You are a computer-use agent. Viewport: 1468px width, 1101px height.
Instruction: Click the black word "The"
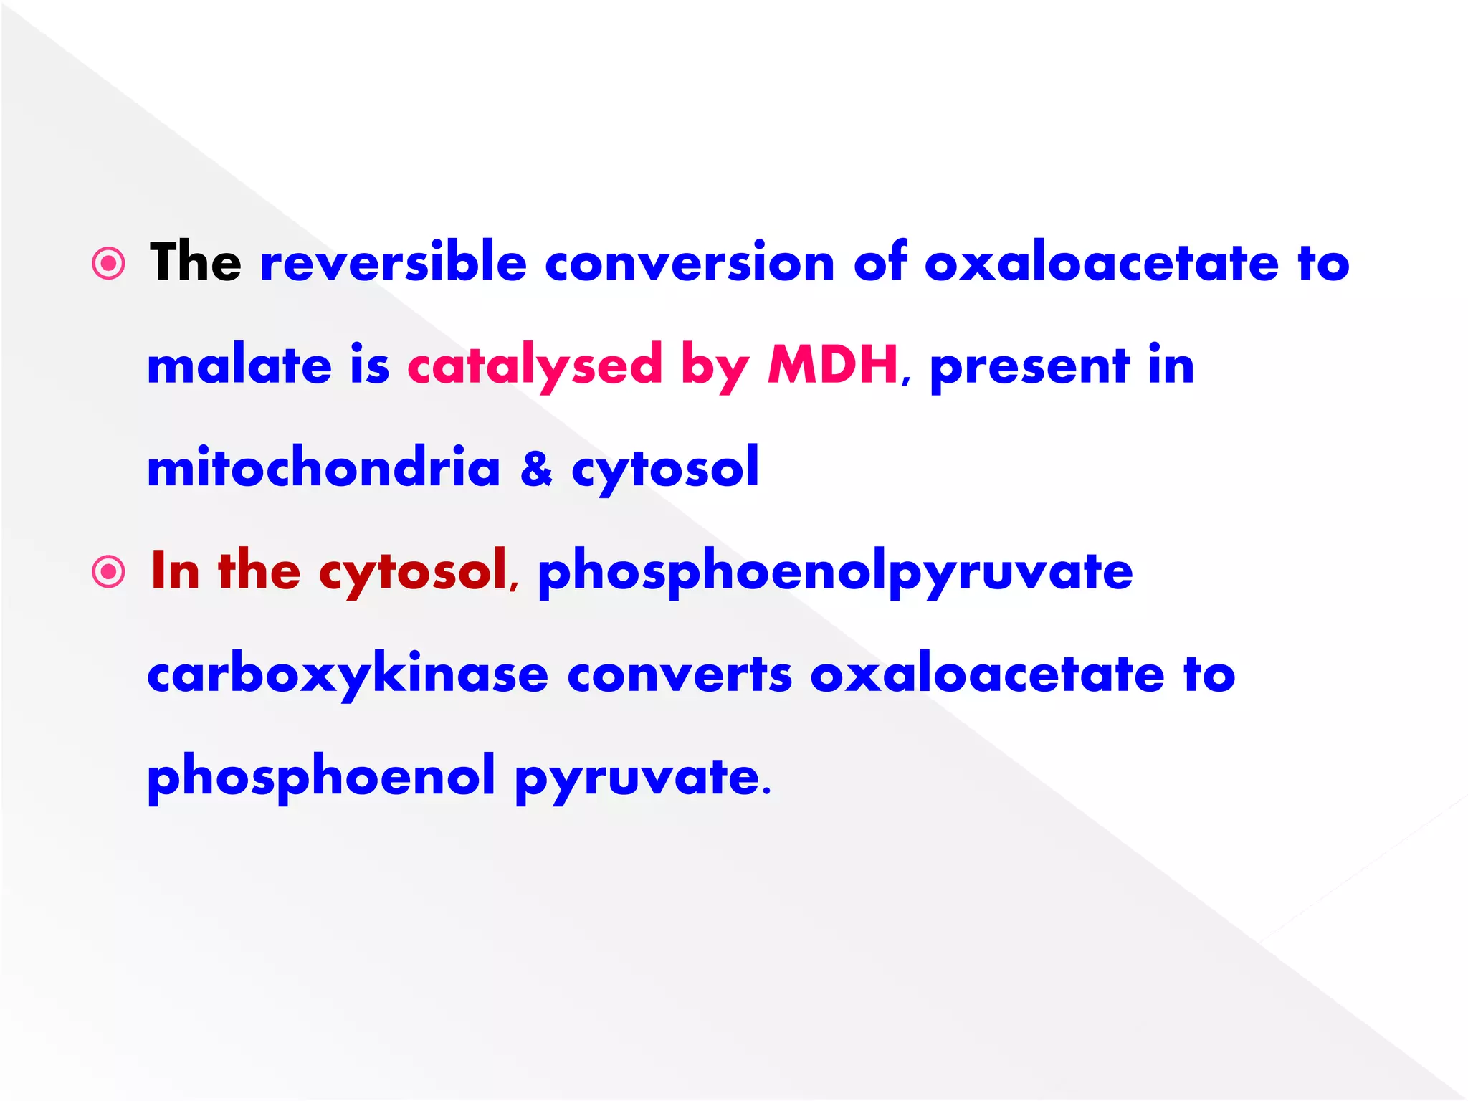[195, 262]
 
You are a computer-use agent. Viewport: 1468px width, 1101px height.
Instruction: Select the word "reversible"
[394, 262]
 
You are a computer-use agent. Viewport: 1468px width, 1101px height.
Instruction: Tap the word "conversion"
[690, 264]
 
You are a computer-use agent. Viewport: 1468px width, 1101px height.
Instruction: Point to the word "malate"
[239, 366]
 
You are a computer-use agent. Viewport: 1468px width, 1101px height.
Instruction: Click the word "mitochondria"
[323, 467]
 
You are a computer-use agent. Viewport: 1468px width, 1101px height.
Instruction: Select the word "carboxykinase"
[348, 675]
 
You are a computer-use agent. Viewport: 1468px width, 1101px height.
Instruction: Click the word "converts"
[680, 675]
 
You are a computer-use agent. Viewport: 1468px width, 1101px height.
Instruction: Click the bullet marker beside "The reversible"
[109, 264]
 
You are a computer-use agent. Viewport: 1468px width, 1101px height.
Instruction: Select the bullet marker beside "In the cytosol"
[109, 572]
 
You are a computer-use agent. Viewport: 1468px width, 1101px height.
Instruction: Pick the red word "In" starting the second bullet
[175, 571]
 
